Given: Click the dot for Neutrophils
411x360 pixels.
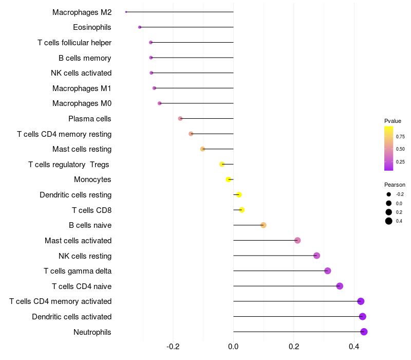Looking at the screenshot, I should pyautogui.click(x=364, y=332).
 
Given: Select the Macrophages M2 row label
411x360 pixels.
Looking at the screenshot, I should pyautogui.click(x=82, y=12).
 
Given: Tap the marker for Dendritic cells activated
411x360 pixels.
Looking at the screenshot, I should pyautogui.click(x=362, y=316).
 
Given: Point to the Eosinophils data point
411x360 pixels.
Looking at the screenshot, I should pyautogui.click(x=140, y=27).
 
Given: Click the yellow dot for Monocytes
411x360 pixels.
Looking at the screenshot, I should pyautogui.click(x=229, y=179).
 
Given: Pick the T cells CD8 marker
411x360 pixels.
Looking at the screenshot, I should pyautogui.click(x=241, y=210).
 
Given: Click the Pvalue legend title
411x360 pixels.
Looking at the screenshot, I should pyautogui.click(x=393, y=121).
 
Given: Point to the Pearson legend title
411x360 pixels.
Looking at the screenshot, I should pyautogui.click(x=395, y=185).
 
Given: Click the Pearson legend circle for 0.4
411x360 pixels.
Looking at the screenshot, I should pyautogui.click(x=389, y=221).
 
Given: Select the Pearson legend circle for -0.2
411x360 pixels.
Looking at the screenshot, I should pyautogui.click(x=389, y=194).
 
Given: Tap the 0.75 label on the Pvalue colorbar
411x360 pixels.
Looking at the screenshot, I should pyautogui.click(x=400, y=136).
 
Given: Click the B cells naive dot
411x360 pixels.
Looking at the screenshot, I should pyautogui.click(x=264, y=225).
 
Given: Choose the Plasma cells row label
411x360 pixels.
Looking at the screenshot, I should pyautogui.click(x=90, y=119).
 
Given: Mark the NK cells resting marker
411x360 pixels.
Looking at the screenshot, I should pyautogui.click(x=316, y=256).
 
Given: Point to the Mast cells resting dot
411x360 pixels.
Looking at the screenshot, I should pyautogui.click(x=202, y=149).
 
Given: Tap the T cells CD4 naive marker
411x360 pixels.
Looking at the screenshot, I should pyautogui.click(x=340, y=286).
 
